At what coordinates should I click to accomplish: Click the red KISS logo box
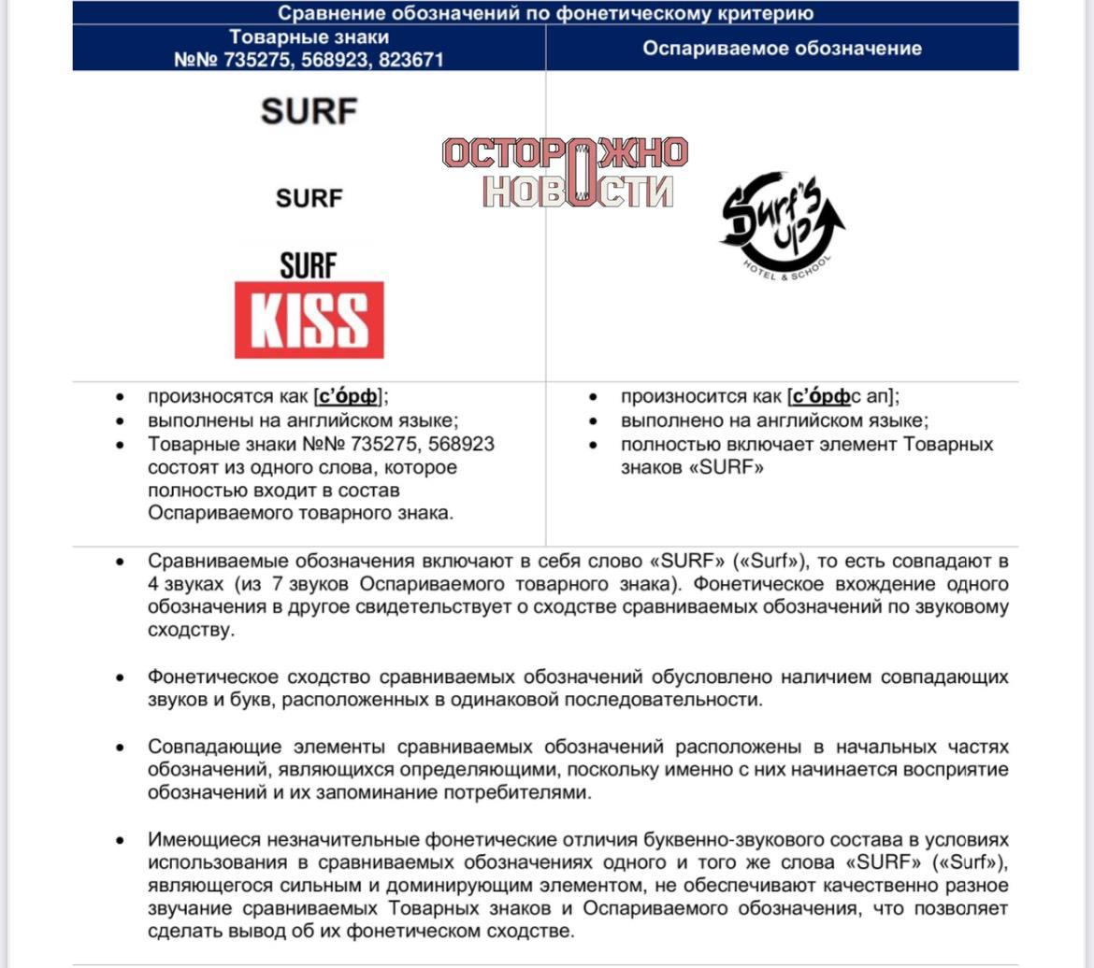click(309, 320)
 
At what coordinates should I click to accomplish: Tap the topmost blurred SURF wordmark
click(309, 111)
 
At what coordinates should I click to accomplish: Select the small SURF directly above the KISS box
click(308, 265)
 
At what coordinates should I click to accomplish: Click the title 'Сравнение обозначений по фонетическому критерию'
click(545, 13)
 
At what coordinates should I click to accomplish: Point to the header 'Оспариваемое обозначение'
click(782, 48)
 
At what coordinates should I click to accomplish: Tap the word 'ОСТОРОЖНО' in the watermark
click(565, 153)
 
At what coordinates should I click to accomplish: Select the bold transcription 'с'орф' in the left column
click(349, 397)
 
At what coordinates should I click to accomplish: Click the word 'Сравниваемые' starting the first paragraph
click(216, 562)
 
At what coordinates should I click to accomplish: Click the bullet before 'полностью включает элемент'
click(593, 445)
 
